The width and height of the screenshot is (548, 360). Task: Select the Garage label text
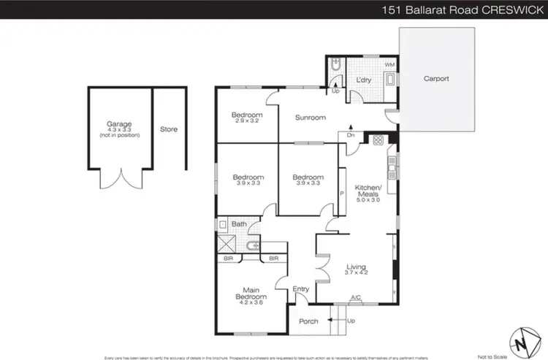pyautogui.click(x=119, y=125)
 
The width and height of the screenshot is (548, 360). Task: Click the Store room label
pyautogui.click(x=169, y=129)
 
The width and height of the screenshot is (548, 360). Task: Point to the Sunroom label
pyautogui.click(x=310, y=118)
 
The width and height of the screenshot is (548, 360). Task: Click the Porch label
pyautogui.click(x=308, y=320)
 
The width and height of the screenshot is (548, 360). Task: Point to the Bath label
pyautogui.click(x=239, y=224)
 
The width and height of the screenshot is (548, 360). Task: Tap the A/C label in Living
pyautogui.click(x=356, y=297)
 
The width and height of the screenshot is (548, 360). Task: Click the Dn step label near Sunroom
pyautogui.click(x=351, y=135)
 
